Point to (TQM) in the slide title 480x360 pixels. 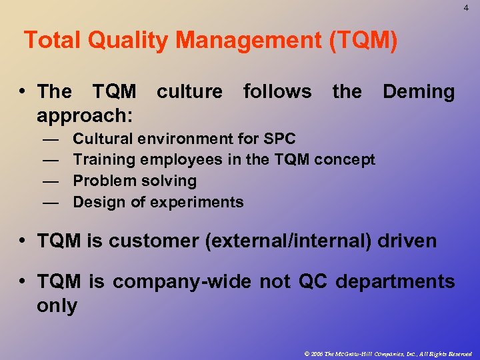point(363,41)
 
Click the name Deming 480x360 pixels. point(419,91)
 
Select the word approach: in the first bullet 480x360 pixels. point(85,115)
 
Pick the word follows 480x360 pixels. point(277,91)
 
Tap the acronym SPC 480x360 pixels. point(279,139)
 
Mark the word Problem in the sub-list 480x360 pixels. point(101,181)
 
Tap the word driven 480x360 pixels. point(407,241)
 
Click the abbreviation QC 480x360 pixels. point(313,282)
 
